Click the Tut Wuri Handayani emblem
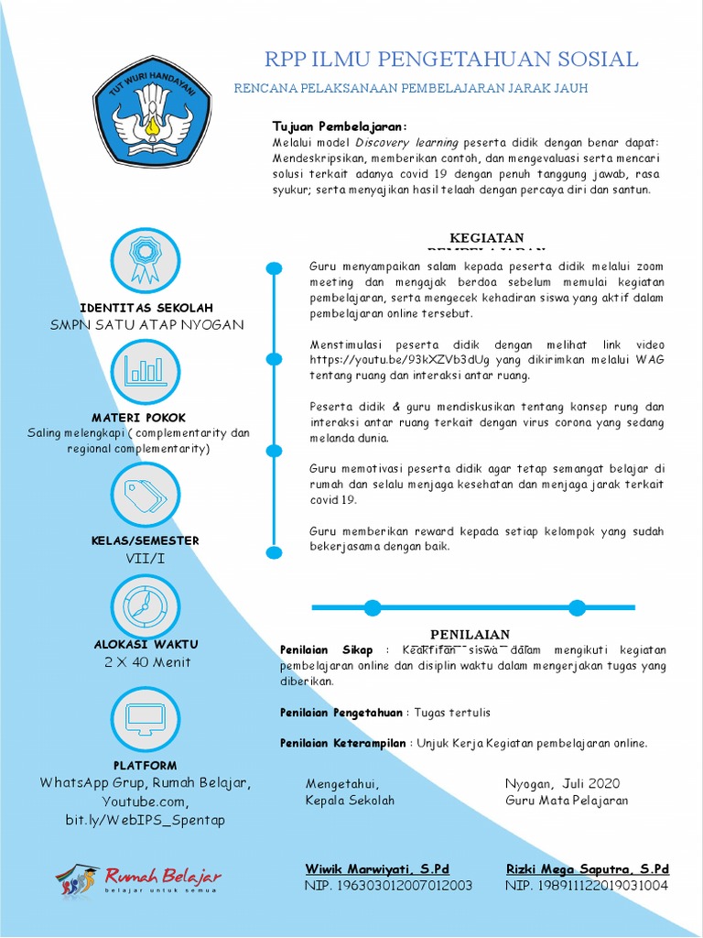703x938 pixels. tap(152, 112)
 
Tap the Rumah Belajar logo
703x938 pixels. tap(139, 879)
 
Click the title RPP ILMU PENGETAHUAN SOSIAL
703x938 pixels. tap(451, 60)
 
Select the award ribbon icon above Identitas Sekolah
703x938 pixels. tap(145, 260)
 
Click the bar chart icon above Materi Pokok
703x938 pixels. tap(145, 370)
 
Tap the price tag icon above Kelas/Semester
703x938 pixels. tap(145, 496)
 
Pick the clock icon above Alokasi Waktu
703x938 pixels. tap(145, 604)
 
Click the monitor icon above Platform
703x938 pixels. tap(145, 719)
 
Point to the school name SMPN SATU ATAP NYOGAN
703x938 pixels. tap(147, 325)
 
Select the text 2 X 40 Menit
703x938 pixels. tap(147, 662)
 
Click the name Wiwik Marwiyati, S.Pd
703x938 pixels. tap(377, 868)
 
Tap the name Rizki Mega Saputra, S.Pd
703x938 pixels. tap(587, 868)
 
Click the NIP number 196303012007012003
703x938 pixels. tap(388, 886)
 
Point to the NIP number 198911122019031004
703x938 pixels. tap(587, 886)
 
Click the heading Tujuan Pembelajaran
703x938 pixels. tap(340, 126)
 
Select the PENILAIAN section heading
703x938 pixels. tap(470, 634)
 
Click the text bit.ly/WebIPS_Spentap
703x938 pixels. tap(145, 820)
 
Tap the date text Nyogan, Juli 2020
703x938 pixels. tap(562, 783)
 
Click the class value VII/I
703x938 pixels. tap(146, 558)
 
